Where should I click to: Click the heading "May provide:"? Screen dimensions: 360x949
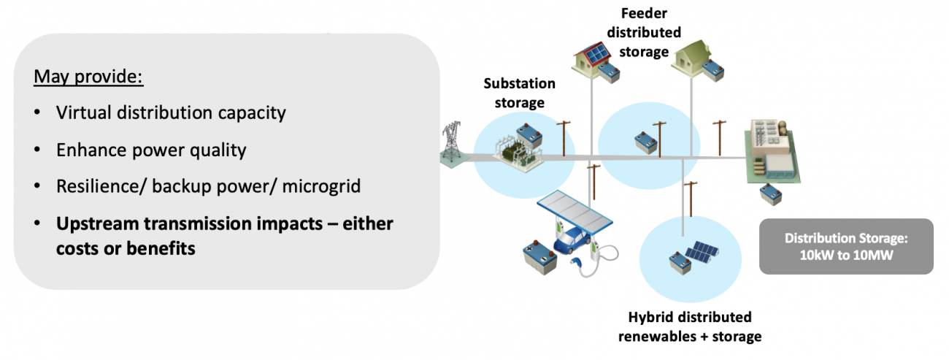[88, 76]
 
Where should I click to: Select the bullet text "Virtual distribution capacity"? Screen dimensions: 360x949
[171, 113]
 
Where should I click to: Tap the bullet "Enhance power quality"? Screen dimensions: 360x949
[151, 150]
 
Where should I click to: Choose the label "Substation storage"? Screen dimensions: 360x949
[519, 93]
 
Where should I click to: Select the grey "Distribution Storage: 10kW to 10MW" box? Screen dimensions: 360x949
[845, 246]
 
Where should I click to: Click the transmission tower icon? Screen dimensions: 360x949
[451, 143]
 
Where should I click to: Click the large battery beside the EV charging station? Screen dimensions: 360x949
[541, 255]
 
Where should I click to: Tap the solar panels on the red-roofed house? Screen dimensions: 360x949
[593, 53]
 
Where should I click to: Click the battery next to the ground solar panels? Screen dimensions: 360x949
[676, 258]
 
